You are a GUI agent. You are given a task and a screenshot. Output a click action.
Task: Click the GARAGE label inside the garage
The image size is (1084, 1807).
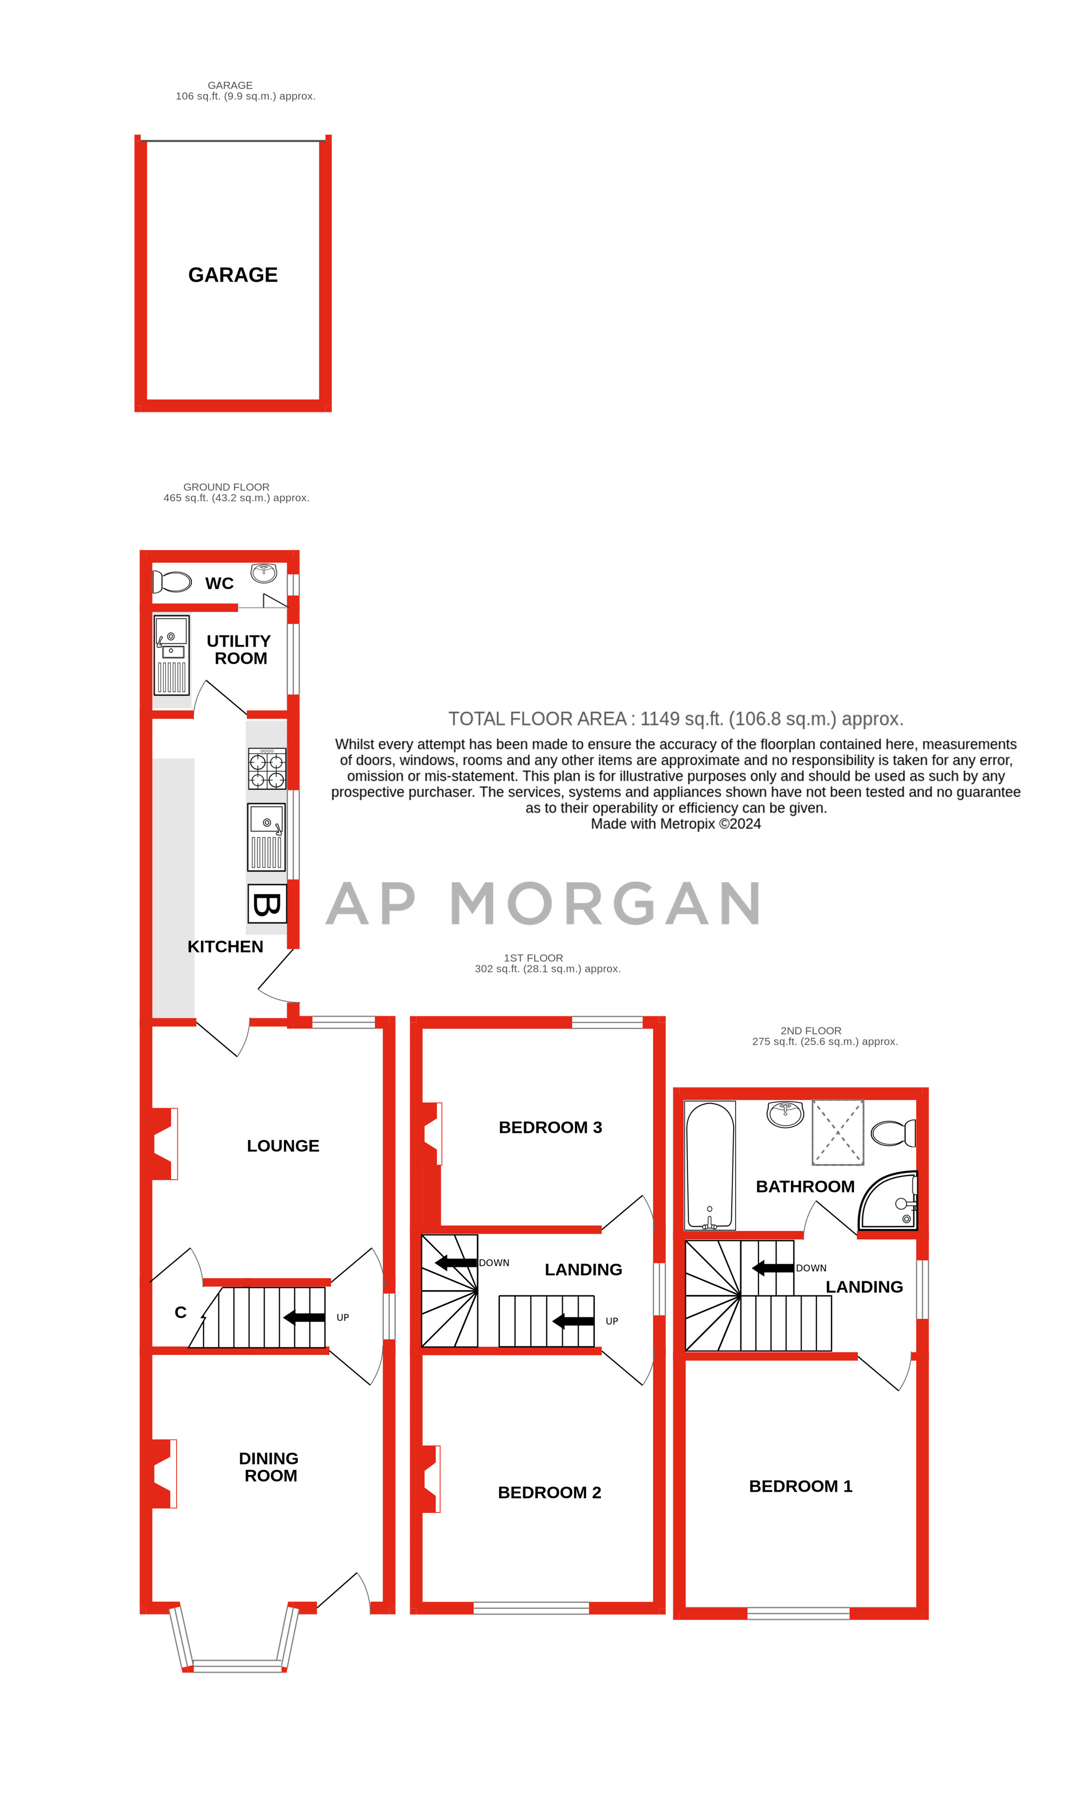(x=233, y=275)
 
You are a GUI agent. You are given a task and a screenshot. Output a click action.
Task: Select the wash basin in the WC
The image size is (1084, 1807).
(x=264, y=572)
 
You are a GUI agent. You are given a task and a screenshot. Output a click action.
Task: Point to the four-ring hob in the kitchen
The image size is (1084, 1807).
(x=267, y=769)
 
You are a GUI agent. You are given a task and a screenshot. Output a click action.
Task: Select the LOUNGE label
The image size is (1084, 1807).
(x=283, y=1146)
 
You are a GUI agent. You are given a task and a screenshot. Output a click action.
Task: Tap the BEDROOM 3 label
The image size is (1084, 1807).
(x=550, y=1127)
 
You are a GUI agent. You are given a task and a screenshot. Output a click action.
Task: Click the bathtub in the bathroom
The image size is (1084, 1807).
(x=709, y=1165)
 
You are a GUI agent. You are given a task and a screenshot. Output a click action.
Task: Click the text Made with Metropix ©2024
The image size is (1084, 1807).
(x=676, y=824)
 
